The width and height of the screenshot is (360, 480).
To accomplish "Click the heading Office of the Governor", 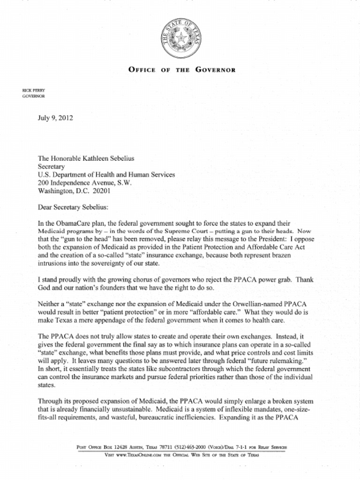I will [x=181, y=70].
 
